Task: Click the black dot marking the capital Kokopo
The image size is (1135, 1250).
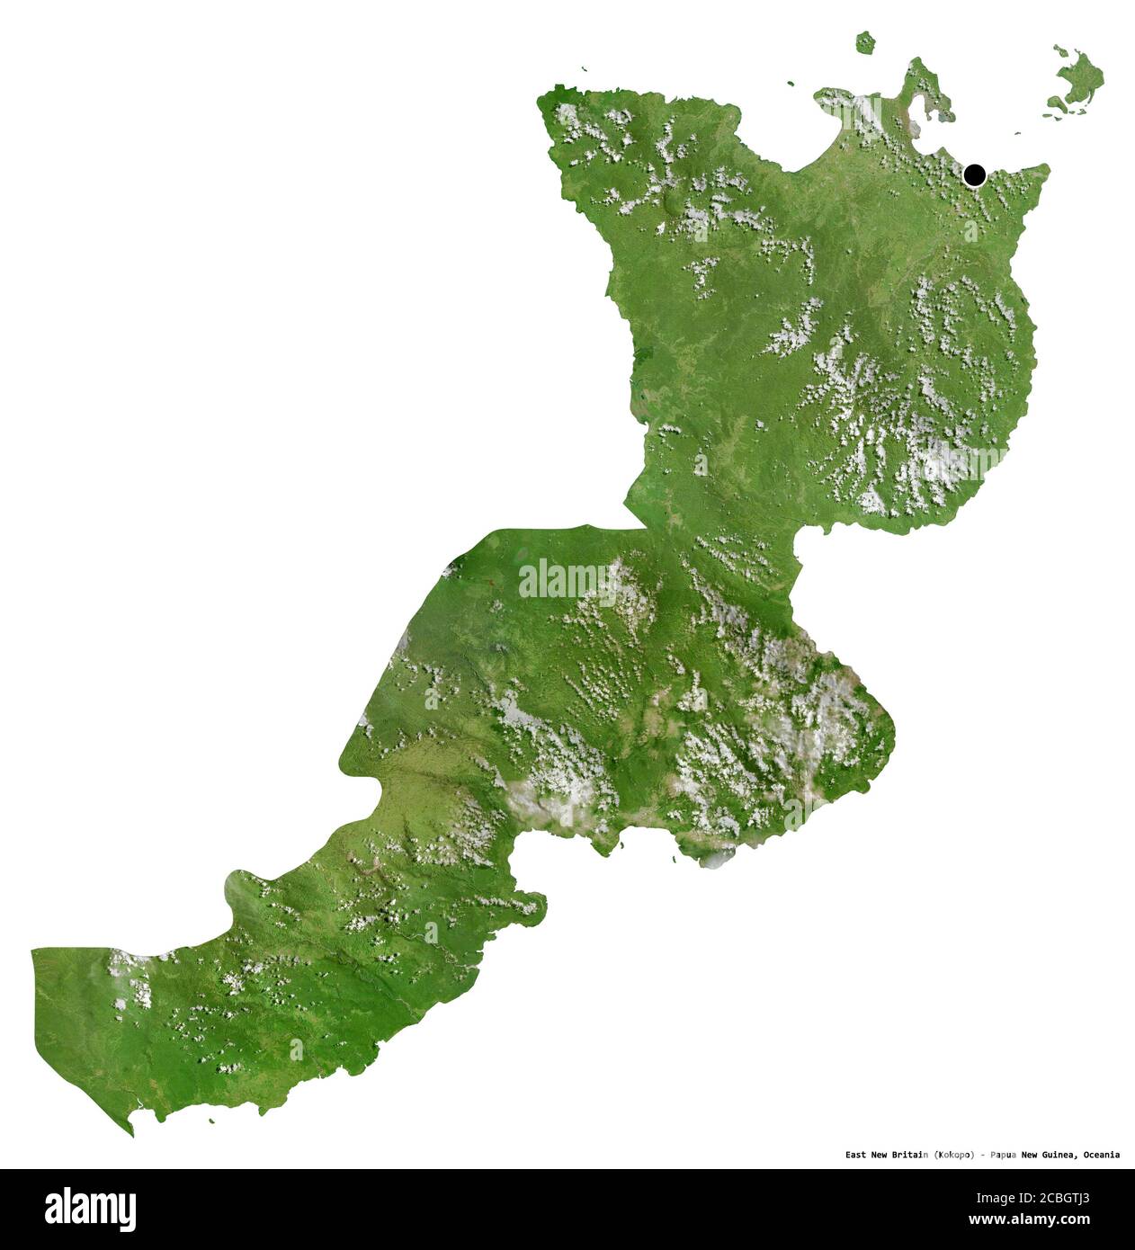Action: point(974,174)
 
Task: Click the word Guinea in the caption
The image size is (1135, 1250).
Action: point(1059,1154)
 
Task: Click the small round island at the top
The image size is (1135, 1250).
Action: point(865,41)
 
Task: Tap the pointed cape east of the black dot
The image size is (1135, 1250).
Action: point(1043,168)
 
